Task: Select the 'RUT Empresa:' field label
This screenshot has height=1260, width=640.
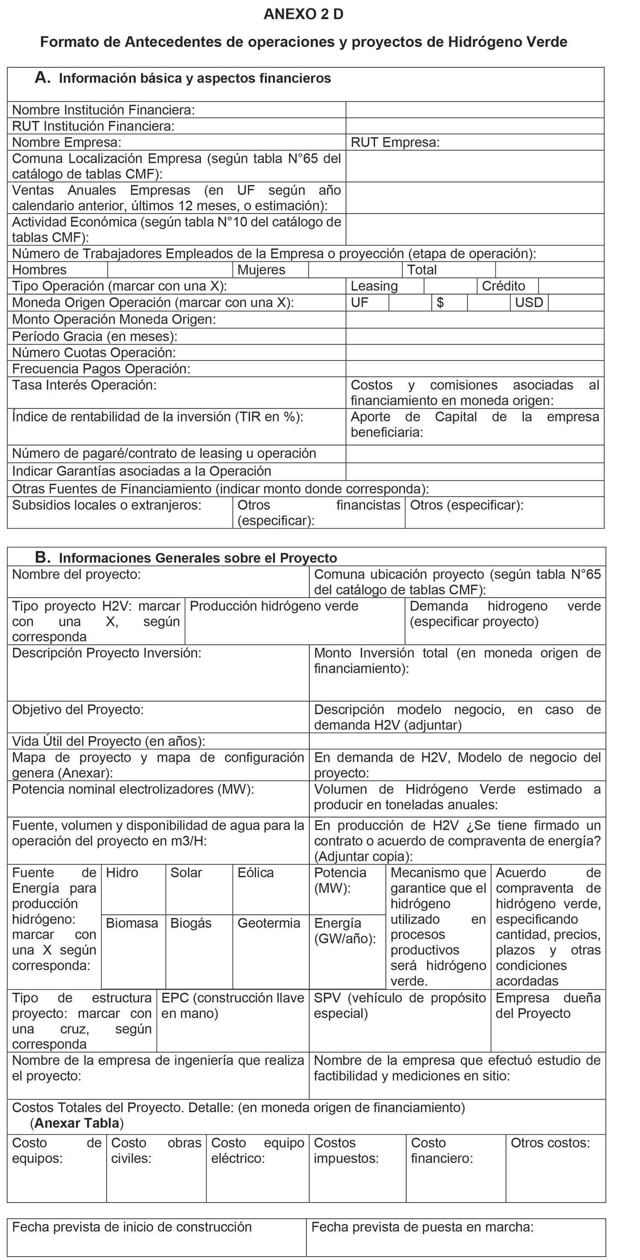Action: click(x=395, y=142)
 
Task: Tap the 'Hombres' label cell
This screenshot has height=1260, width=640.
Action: click(x=39, y=269)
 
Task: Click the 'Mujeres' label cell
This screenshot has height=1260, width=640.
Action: click(x=261, y=269)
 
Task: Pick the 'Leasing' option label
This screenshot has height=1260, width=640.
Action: click(x=374, y=286)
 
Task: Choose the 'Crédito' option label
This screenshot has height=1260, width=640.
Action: click(x=503, y=286)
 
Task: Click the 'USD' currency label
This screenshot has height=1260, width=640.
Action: click(x=529, y=302)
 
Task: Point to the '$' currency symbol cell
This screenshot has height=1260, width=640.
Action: click(x=440, y=302)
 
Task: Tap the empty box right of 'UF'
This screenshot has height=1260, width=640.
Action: click(x=410, y=303)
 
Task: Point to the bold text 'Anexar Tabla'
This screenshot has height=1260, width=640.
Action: click(x=77, y=1123)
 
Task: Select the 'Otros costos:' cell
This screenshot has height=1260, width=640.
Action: click(x=550, y=1143)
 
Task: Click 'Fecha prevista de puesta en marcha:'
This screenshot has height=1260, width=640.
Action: click(x=422, y=1227)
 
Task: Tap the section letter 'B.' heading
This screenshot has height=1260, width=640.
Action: click(x=43, y=557)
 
